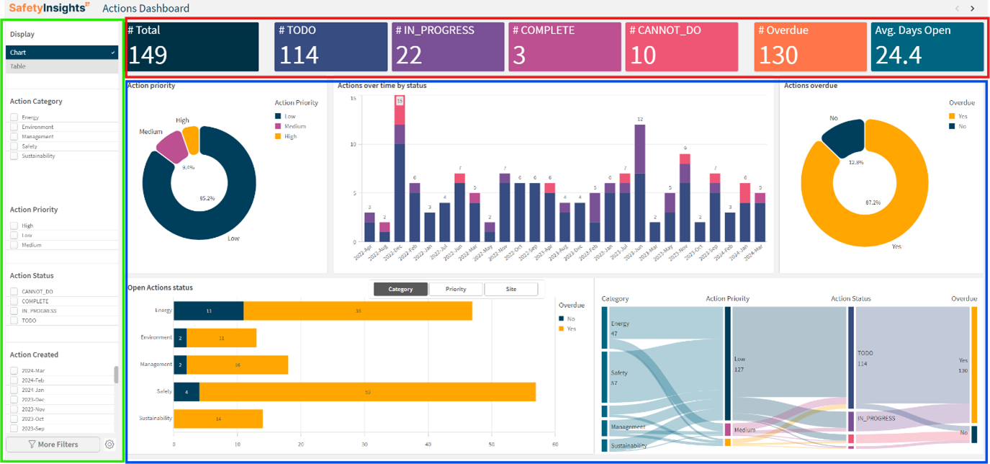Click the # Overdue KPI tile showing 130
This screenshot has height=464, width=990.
click(x=810, y=47)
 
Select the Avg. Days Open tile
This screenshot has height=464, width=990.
click(x=927, y=47)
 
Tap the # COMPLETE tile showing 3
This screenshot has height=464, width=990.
click(x=564, y=47)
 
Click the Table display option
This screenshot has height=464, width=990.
click(x=61, y=66)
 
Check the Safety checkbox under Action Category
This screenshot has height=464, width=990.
click(x=14, y=146)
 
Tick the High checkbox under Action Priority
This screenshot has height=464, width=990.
click(x=14, y=226)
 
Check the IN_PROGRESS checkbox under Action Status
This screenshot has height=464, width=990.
click(x=14, y=311)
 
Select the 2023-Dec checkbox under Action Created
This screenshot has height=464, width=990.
click(x=14, y=399)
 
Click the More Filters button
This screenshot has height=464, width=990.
click(x=53, y=445)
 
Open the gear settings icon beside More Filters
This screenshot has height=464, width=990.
click(x=109, y=445)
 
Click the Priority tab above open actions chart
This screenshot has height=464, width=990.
click(x=456, y=289)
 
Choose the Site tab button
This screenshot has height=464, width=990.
click(x=510, y=289)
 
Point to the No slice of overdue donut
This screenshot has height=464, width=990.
click(x=842, y=138)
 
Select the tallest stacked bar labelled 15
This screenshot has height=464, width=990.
click(x=400, y=169)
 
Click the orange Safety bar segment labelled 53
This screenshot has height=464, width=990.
click(x=367, y=391)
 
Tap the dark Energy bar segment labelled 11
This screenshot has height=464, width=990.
click(x=209, y=311)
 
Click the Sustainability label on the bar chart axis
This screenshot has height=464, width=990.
click(x=156, y=418)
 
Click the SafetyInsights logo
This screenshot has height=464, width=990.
click(x=49, y=9)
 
